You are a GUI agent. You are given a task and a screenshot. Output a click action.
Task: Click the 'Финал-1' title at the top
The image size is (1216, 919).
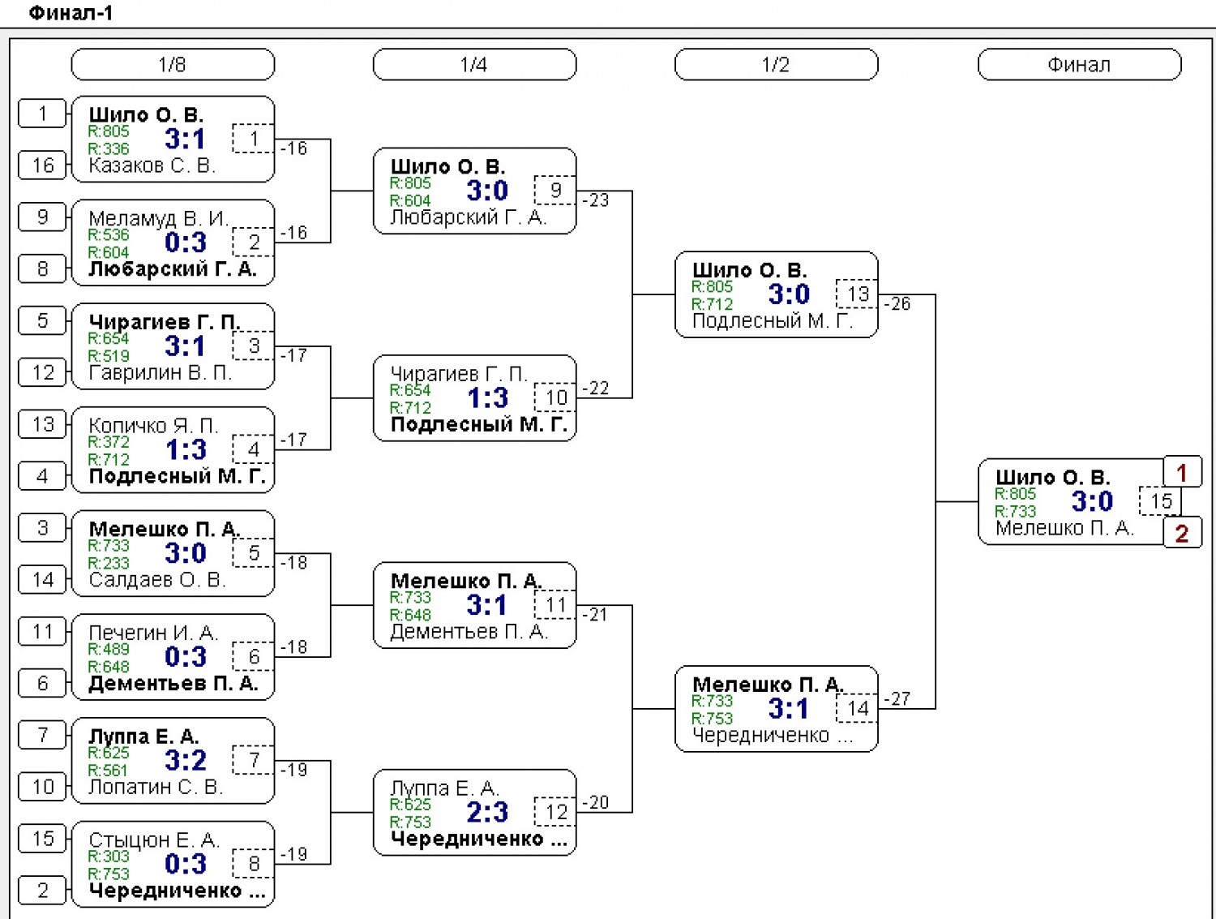(71, 13)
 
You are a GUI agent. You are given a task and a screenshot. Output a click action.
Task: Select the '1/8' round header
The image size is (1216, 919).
(173, 64)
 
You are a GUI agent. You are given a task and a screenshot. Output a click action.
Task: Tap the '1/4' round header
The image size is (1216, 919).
(474, 64)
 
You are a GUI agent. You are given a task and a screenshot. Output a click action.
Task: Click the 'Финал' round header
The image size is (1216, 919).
(1079, 64)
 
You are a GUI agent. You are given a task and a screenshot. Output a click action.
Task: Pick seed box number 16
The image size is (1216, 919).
(42, 165)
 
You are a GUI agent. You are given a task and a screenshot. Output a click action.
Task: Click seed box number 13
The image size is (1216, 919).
(42, 424)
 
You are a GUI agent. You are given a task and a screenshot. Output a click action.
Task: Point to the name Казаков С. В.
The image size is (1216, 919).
(152, 165)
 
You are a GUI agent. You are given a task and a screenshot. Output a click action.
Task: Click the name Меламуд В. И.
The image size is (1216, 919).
(158, 218)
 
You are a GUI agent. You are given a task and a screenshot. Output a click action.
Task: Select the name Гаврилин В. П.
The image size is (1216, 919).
(160, 372)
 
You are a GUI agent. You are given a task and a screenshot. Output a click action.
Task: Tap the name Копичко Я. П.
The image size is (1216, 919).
(153, 425)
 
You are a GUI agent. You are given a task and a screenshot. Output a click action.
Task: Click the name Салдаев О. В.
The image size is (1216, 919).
(157, 580)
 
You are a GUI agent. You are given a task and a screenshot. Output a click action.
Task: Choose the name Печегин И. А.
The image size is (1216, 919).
(153, 633)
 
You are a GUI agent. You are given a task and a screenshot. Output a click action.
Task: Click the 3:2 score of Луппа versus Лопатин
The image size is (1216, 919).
(186, 761)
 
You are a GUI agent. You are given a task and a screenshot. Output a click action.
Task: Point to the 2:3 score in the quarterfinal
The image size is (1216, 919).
(487, 812)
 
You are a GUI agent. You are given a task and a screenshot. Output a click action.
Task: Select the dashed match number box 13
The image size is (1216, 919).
(857, 294)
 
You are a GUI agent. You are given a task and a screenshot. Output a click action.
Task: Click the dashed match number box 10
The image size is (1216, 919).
(555, 397)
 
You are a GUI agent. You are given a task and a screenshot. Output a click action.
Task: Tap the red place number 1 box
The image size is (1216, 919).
(1182, 472)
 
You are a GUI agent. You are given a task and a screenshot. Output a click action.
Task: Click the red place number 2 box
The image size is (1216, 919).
(1182, 533)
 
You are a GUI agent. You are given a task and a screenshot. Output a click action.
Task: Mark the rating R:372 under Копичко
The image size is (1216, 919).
(109, 442)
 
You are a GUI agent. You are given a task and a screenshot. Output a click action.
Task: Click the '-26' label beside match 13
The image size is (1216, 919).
(897, 303)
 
